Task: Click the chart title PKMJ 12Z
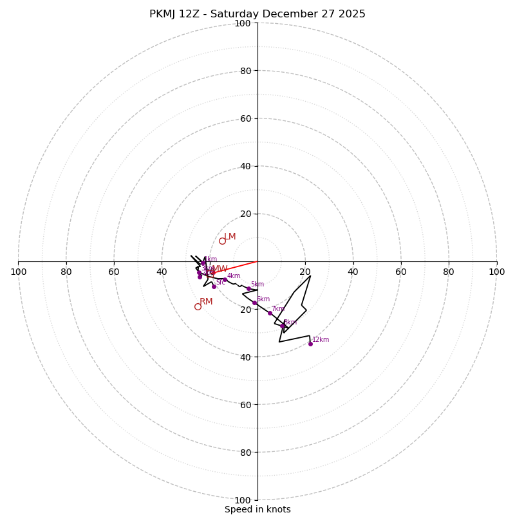click(x=257, y=14)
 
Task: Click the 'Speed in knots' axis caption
click(x=257, y=509)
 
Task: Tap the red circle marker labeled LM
click(x=222, y=241)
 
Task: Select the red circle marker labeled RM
click(x=198, y=306)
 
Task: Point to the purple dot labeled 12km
click(x=310, y=344)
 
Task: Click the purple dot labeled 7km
click(x=270, y=313)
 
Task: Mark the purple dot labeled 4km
click(x=225, y=280)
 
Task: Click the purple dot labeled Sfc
click(x=214, y=286)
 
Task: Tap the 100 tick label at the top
click(x=243, y=23)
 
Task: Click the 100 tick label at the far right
click(x=497, y=272)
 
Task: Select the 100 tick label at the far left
click(x=18, y=272)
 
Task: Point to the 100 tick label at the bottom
click(x=243, y=500)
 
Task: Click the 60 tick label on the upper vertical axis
click(x=245, y=118)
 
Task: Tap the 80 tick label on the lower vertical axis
click(x=245, y=453)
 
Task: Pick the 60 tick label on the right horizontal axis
click(x=401, y=272)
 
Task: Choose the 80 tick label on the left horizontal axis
click(x=66, y=272)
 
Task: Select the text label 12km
click(x=321, y=340)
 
